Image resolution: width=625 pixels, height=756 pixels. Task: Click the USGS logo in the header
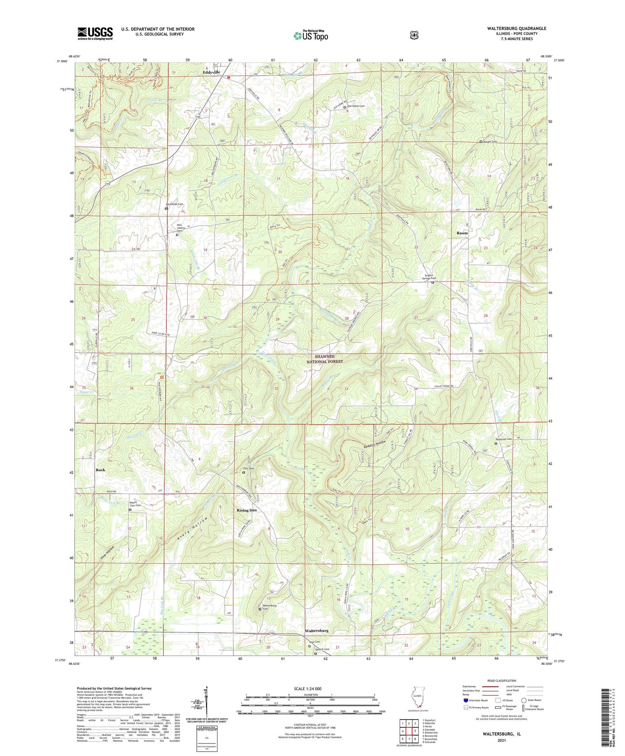pos(95,33)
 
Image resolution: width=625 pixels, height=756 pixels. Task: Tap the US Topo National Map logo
pos(311,36)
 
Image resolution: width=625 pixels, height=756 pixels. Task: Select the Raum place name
pos(462,233)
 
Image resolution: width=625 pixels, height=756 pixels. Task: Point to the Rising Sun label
pos(247,510)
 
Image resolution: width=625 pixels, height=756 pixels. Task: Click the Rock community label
pos(100,470)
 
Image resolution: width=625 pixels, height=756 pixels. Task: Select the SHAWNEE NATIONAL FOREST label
pos(325,359)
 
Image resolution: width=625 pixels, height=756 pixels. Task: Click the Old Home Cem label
pos(356,106)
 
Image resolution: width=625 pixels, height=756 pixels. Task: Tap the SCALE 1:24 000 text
pos(310,688)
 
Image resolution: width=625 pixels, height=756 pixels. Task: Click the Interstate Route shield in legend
pos(465,700)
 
